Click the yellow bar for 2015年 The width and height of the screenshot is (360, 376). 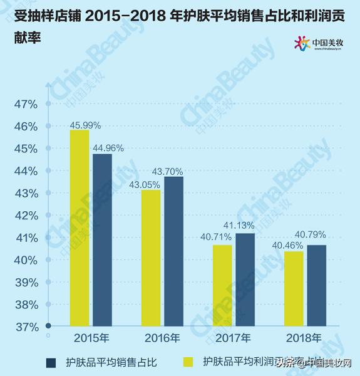click(x=80, y=228)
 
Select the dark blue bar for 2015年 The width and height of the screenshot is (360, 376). click(x=102, y=240)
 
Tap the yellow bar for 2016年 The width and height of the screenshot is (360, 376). click(x=151, y=258)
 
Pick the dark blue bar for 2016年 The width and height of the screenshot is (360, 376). click(x=173, y=251)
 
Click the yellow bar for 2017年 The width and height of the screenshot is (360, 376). click(x=222, y=285)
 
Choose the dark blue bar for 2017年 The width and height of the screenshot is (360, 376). click(x=245, y=279)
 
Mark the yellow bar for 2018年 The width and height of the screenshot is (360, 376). click(x=294, y=288)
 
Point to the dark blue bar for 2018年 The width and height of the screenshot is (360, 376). click(x=316, y=285)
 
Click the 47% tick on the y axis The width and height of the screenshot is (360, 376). click(x=26, y=104)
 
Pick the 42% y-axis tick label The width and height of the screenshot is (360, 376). click(x=26, y=216)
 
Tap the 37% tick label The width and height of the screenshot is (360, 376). click(x=26, y=327)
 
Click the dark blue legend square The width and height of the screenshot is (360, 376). click(x=51, y=362)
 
